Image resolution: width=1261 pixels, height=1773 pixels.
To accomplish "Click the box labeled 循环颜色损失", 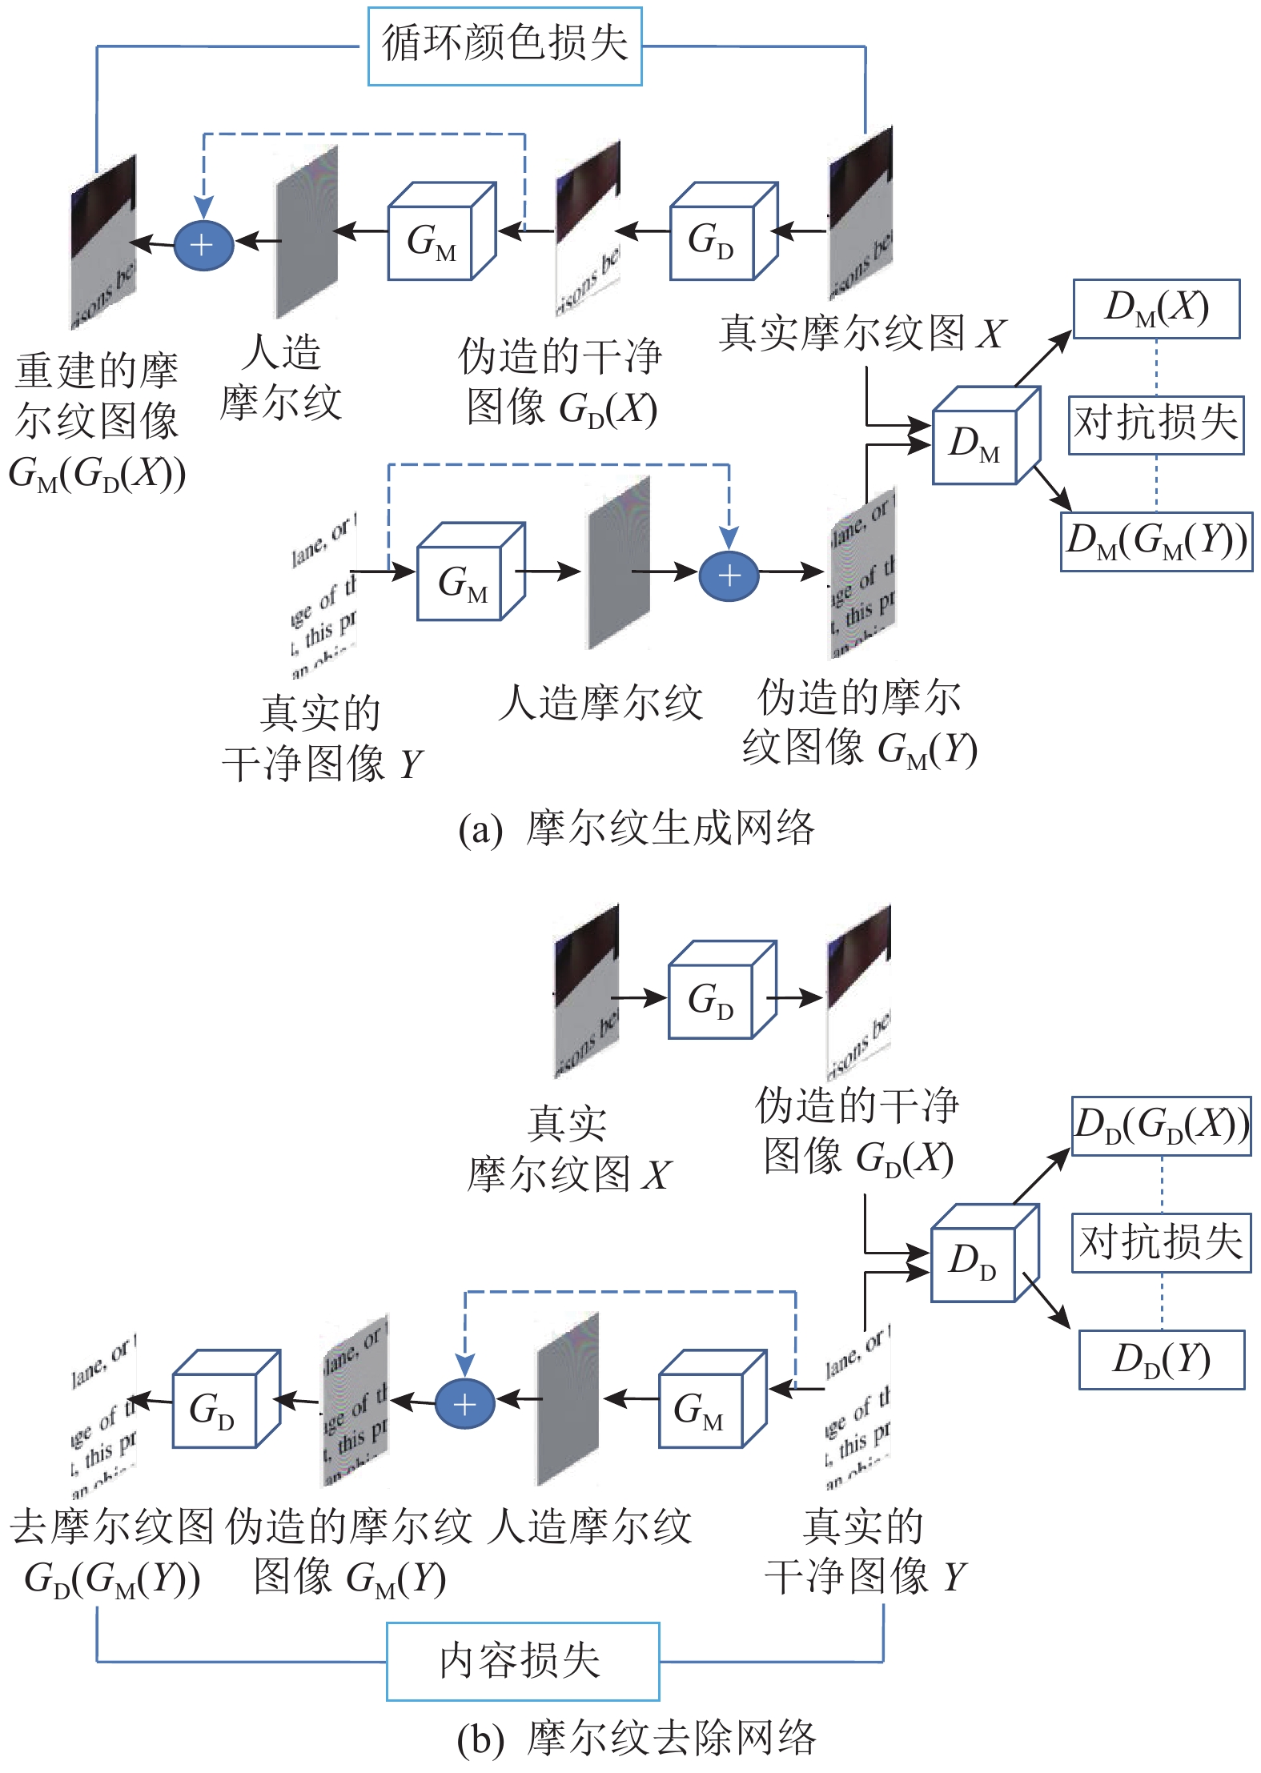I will click(x=504, y=46).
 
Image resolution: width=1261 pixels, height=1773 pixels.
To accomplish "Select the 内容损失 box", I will click(x=522, y=1661).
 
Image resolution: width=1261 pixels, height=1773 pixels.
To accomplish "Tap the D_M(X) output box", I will click(x=1156, y=308).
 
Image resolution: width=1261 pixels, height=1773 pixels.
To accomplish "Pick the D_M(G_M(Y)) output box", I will click(x=1156, y=541).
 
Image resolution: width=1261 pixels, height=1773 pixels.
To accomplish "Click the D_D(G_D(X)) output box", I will click(x=1161, y=1125).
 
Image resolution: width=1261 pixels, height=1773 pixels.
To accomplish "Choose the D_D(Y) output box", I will click(x=1161, y=1359).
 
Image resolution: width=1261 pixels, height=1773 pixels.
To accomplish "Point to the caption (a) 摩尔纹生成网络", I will click(x=637, y=828).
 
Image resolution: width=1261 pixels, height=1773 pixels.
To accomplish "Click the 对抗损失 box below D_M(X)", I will click(x=1156, y=424).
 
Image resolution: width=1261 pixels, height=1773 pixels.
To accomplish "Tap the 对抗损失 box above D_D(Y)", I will click(x=1161, y=1242).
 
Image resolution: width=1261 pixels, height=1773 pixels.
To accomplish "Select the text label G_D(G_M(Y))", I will click(x=112, y=1580).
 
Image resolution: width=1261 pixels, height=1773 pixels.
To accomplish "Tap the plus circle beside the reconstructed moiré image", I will click(x=203, y=244).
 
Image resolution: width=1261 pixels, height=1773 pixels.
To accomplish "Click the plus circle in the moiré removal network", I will click(x=464, y=1404).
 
